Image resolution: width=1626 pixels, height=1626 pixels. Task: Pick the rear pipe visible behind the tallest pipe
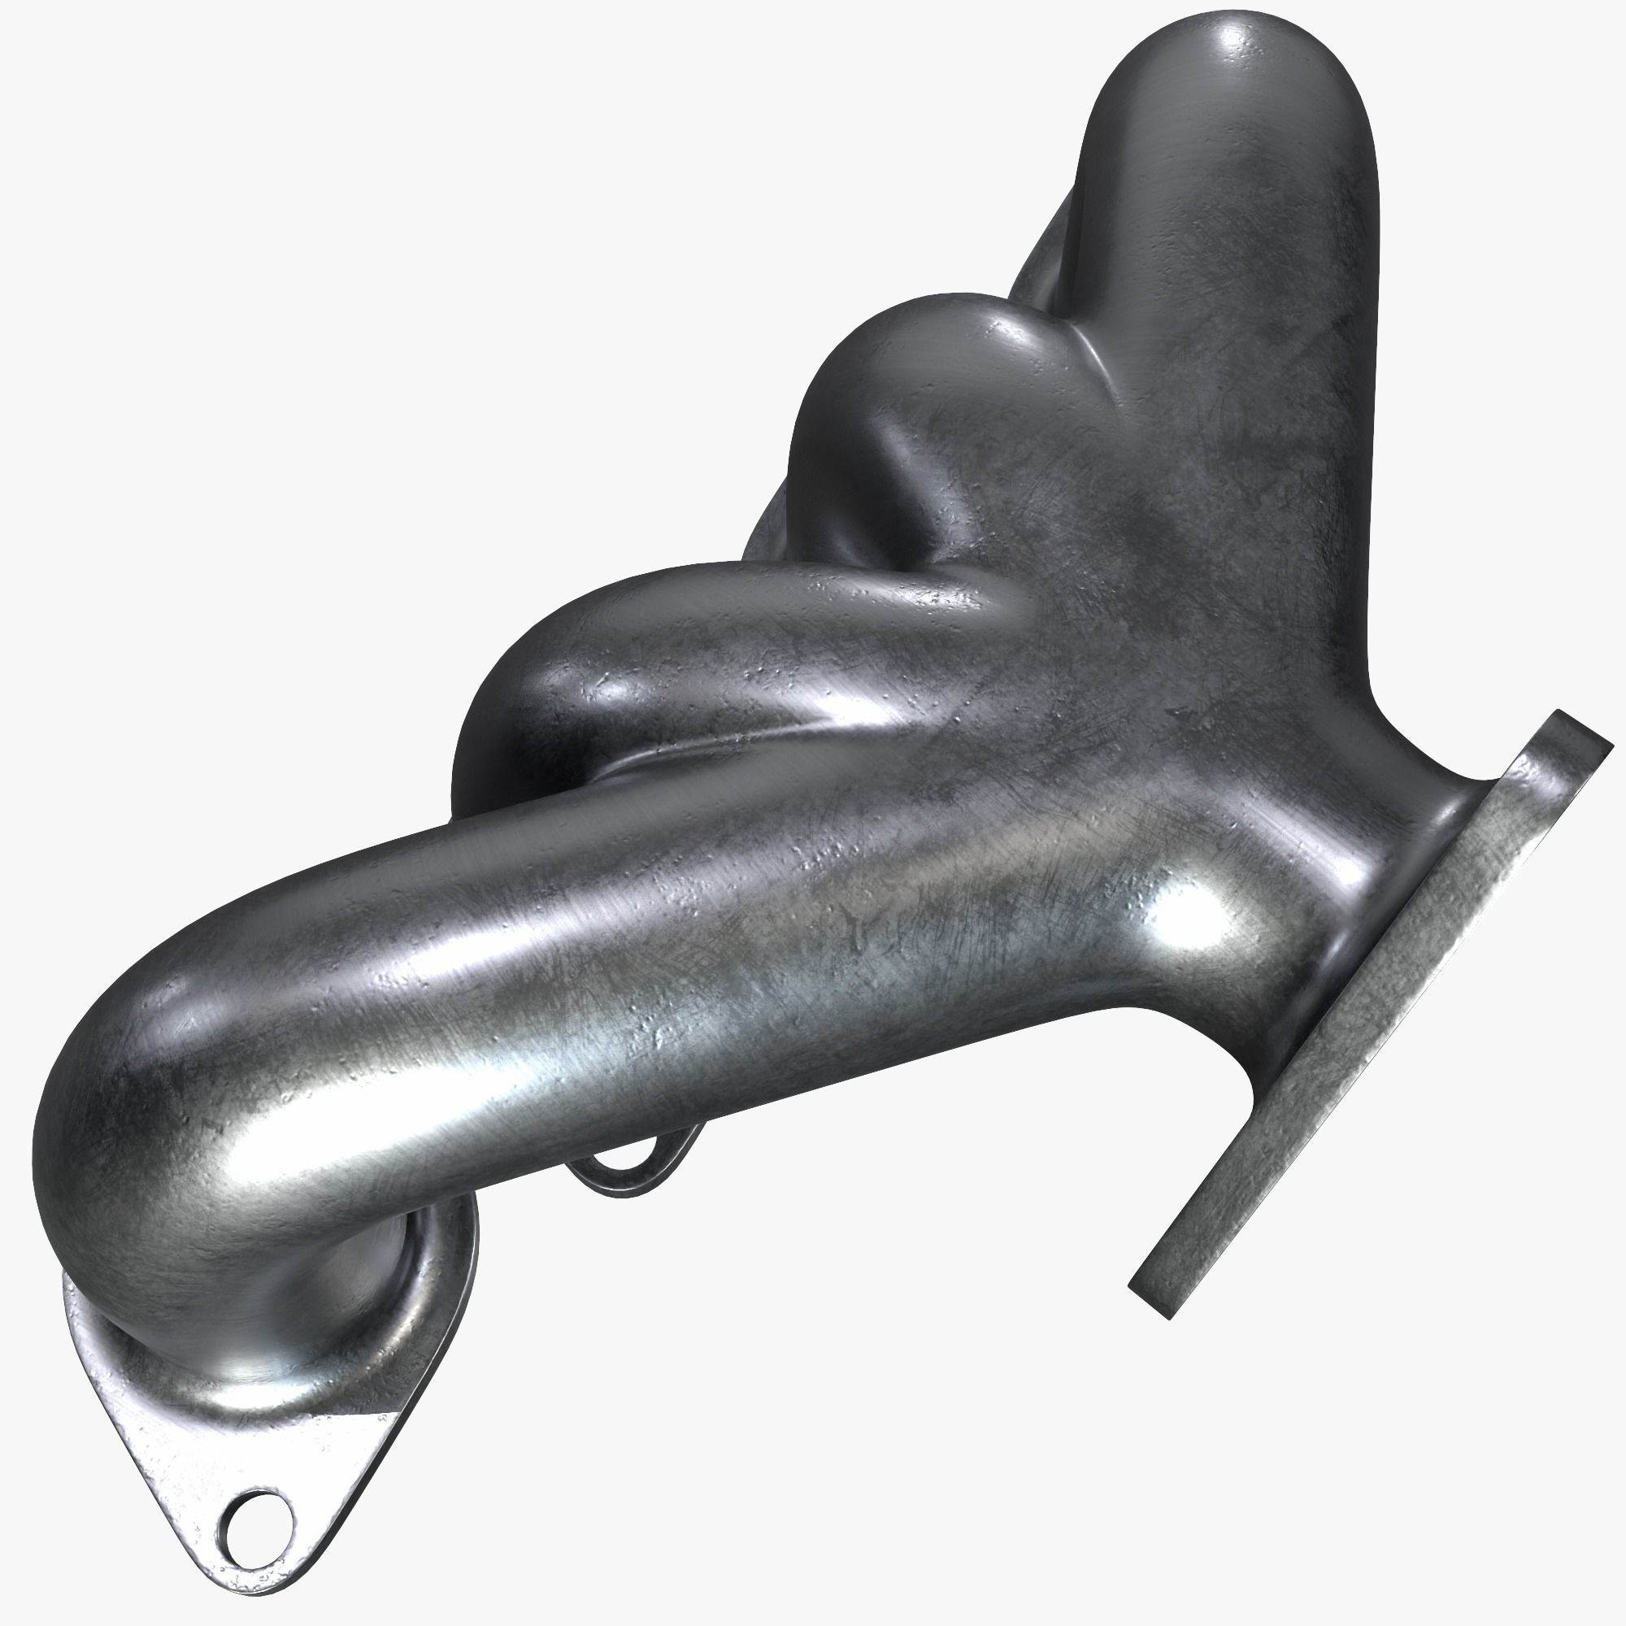click(x=1044, y=253)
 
